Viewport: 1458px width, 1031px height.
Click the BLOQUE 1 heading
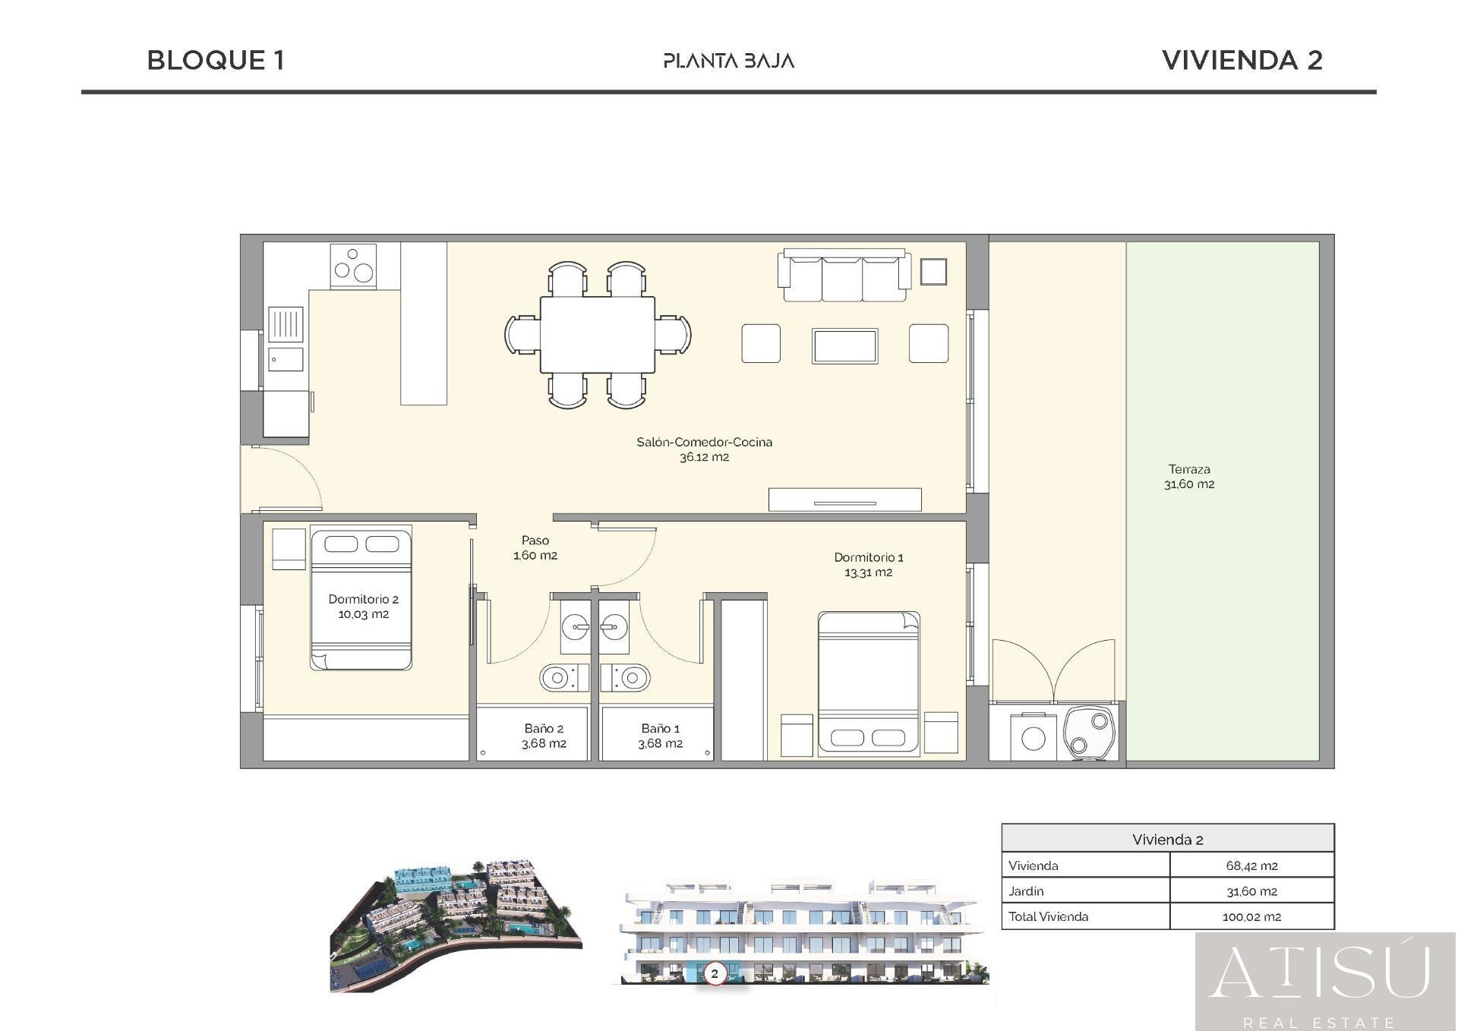pos(216,60)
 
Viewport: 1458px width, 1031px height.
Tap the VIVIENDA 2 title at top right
pos(1242,60)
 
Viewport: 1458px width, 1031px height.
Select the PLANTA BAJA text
pos(728,61)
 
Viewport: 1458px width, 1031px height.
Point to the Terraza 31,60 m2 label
pos(1188,476)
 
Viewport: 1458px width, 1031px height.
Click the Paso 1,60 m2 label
pos(535,547)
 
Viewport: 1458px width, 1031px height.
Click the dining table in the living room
pos(597,334)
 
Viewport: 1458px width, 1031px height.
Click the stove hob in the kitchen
pos(354,265)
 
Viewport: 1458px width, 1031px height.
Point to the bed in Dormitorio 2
pos(361,600)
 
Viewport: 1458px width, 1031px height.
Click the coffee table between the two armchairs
pos(844,346)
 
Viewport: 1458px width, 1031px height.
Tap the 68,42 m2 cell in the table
pos(1251,865)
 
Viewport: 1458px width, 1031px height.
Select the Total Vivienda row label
pos(1048,916)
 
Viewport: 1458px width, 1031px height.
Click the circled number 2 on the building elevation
pos(714,973)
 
